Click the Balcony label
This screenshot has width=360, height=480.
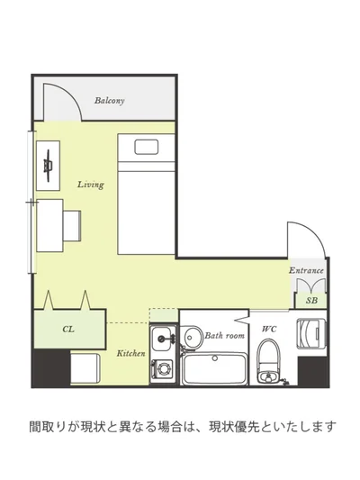109,100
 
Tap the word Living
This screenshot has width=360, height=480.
91,185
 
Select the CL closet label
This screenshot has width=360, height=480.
68,329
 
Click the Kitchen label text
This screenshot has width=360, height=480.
130,353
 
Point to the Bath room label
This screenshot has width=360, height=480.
224,336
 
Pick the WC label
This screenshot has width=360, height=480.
269,329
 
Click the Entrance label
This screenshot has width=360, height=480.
306,270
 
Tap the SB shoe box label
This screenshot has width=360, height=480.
311,300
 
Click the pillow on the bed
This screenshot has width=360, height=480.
147,147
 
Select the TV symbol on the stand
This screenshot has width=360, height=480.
48,166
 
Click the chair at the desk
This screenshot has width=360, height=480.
72,226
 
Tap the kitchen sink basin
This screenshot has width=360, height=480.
162,339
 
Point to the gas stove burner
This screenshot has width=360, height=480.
162,368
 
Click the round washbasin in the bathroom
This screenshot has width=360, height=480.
191,338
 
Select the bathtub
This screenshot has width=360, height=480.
214,368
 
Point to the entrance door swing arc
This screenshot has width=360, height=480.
313,231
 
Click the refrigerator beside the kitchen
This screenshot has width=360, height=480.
85,367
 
